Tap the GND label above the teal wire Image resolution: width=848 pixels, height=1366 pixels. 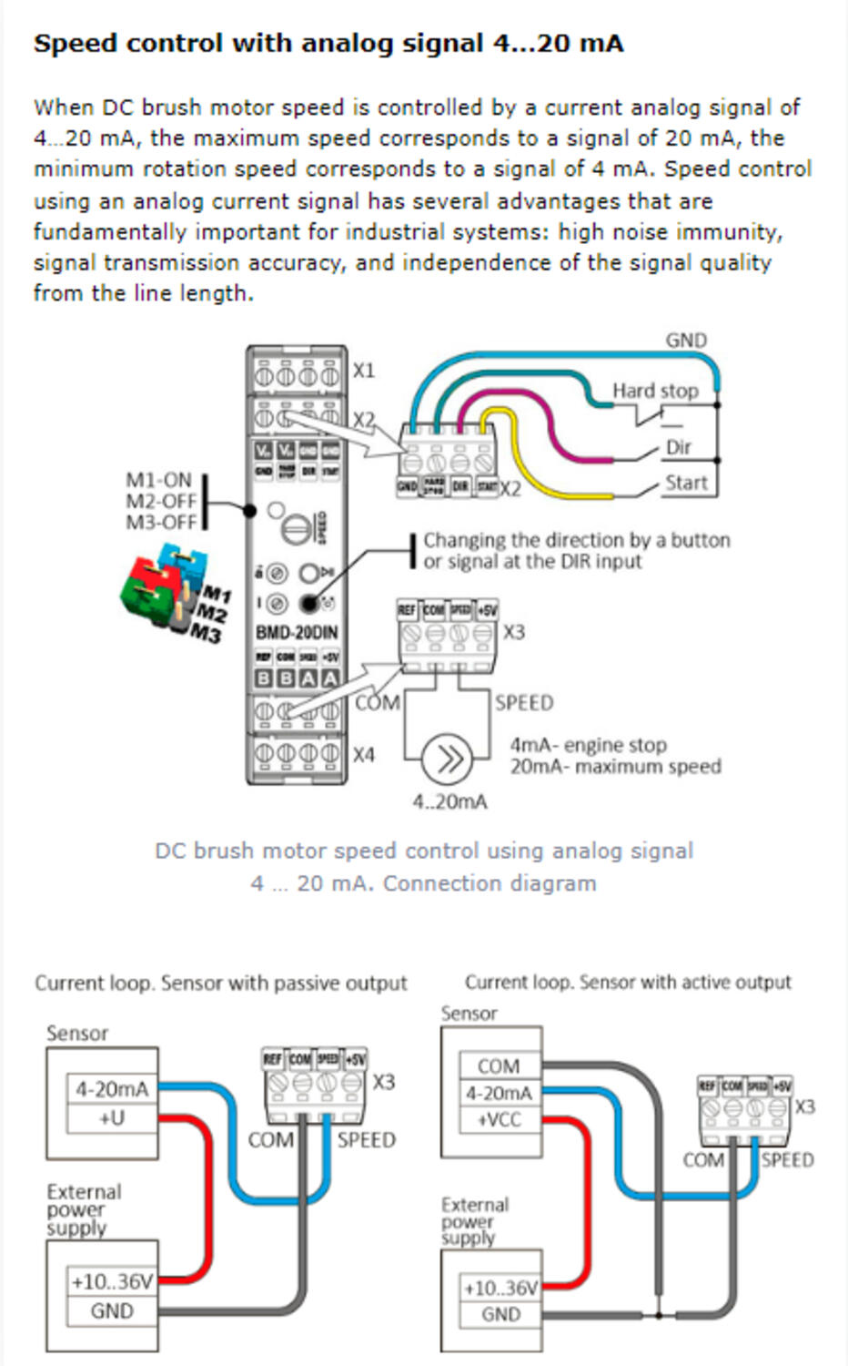click(x=685, y=341)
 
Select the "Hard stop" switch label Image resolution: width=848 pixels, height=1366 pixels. click(x=655, y=391)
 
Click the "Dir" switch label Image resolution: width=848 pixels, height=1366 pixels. click(x=679, y=447)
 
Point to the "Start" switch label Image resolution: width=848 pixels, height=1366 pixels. click(x=685, y=483)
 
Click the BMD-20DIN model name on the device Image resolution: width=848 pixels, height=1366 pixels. click(x=296, y=632)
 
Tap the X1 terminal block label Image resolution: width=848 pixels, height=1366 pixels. click(x=364, y=371)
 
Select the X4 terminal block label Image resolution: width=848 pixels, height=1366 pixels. click(x=364, y=755)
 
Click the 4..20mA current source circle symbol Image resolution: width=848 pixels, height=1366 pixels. click(x=448, y=759)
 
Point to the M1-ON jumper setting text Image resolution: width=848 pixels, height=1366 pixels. click(x=159, y=480)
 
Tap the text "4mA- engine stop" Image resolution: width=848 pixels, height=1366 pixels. click(x=588, y=745)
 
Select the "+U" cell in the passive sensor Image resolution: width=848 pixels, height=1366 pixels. click(x=112, y=1117)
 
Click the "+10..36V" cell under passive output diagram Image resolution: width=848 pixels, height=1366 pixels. click(x=112, y=1281)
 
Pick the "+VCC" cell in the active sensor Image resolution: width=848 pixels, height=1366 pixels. click(x=499, y=1119)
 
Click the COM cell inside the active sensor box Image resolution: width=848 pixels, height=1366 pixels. click(x=499, y=1066)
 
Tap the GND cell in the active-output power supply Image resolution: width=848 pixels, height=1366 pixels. click(x=500, y=1314)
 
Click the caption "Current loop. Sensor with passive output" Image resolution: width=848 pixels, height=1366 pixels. click(x=221, y=984)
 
